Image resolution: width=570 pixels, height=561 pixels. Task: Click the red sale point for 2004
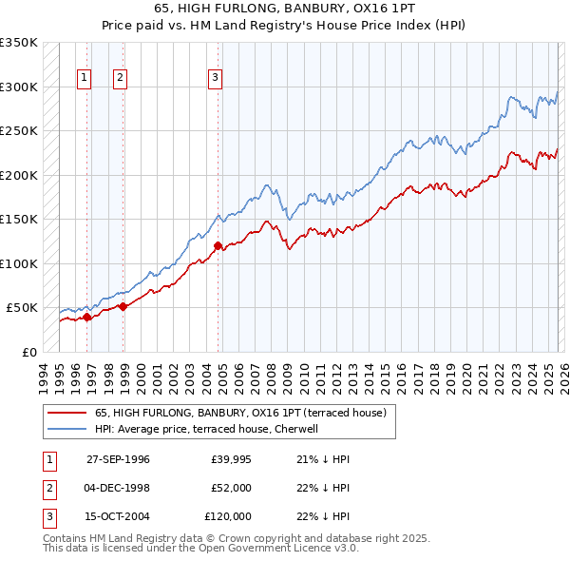tap(218, 246)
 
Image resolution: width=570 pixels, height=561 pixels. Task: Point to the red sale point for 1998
tap(123, 306)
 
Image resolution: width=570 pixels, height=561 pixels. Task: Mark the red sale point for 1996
tap(87, 317)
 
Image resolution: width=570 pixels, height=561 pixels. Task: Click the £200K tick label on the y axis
tap(19, 175)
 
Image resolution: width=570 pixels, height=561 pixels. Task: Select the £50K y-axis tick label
tap(23, 308)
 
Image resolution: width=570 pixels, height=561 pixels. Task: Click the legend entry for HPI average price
tap(212, 429)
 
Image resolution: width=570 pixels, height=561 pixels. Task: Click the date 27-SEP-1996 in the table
tap(118, 459)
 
